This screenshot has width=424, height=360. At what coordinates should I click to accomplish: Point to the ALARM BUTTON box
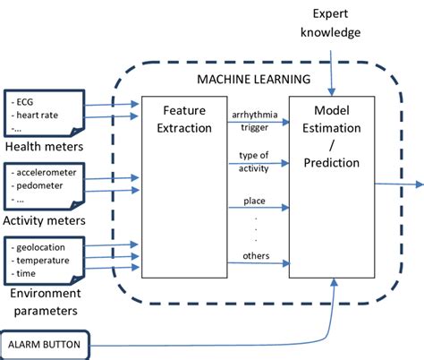pos(44,343)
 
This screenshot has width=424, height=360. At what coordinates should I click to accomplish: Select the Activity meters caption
pos(45,220)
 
